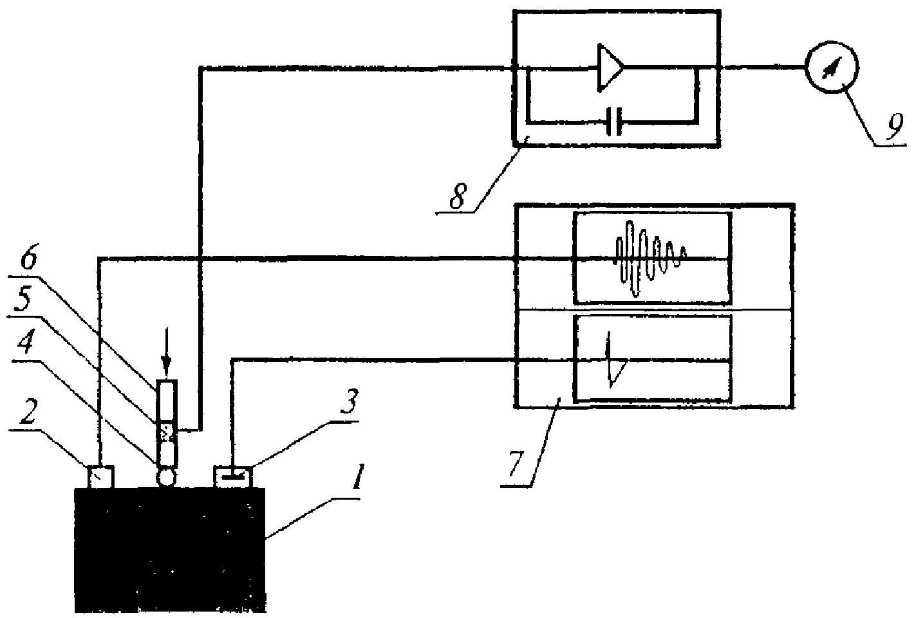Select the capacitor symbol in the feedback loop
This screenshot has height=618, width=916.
click(614, 121)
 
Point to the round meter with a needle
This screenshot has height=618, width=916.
click(834, 66)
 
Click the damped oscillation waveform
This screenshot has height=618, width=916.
click(650, 257)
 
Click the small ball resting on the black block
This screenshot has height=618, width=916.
click(166, 477)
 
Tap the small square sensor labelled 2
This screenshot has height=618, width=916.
click(100, 477)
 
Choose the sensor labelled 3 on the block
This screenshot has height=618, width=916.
click(232, 477)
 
